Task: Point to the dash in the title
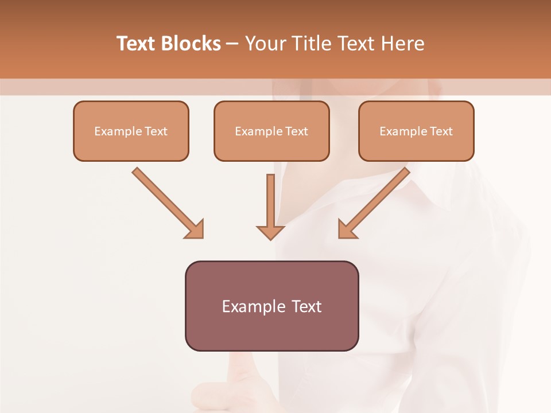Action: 232,44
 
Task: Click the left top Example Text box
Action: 131,131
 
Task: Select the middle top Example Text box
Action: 271,131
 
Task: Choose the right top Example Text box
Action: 416,131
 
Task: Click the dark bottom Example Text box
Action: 271,306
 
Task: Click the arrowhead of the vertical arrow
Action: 270,232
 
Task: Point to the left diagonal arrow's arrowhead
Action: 195,229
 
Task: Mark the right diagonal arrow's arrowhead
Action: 346,229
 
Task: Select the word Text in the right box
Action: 441,131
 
